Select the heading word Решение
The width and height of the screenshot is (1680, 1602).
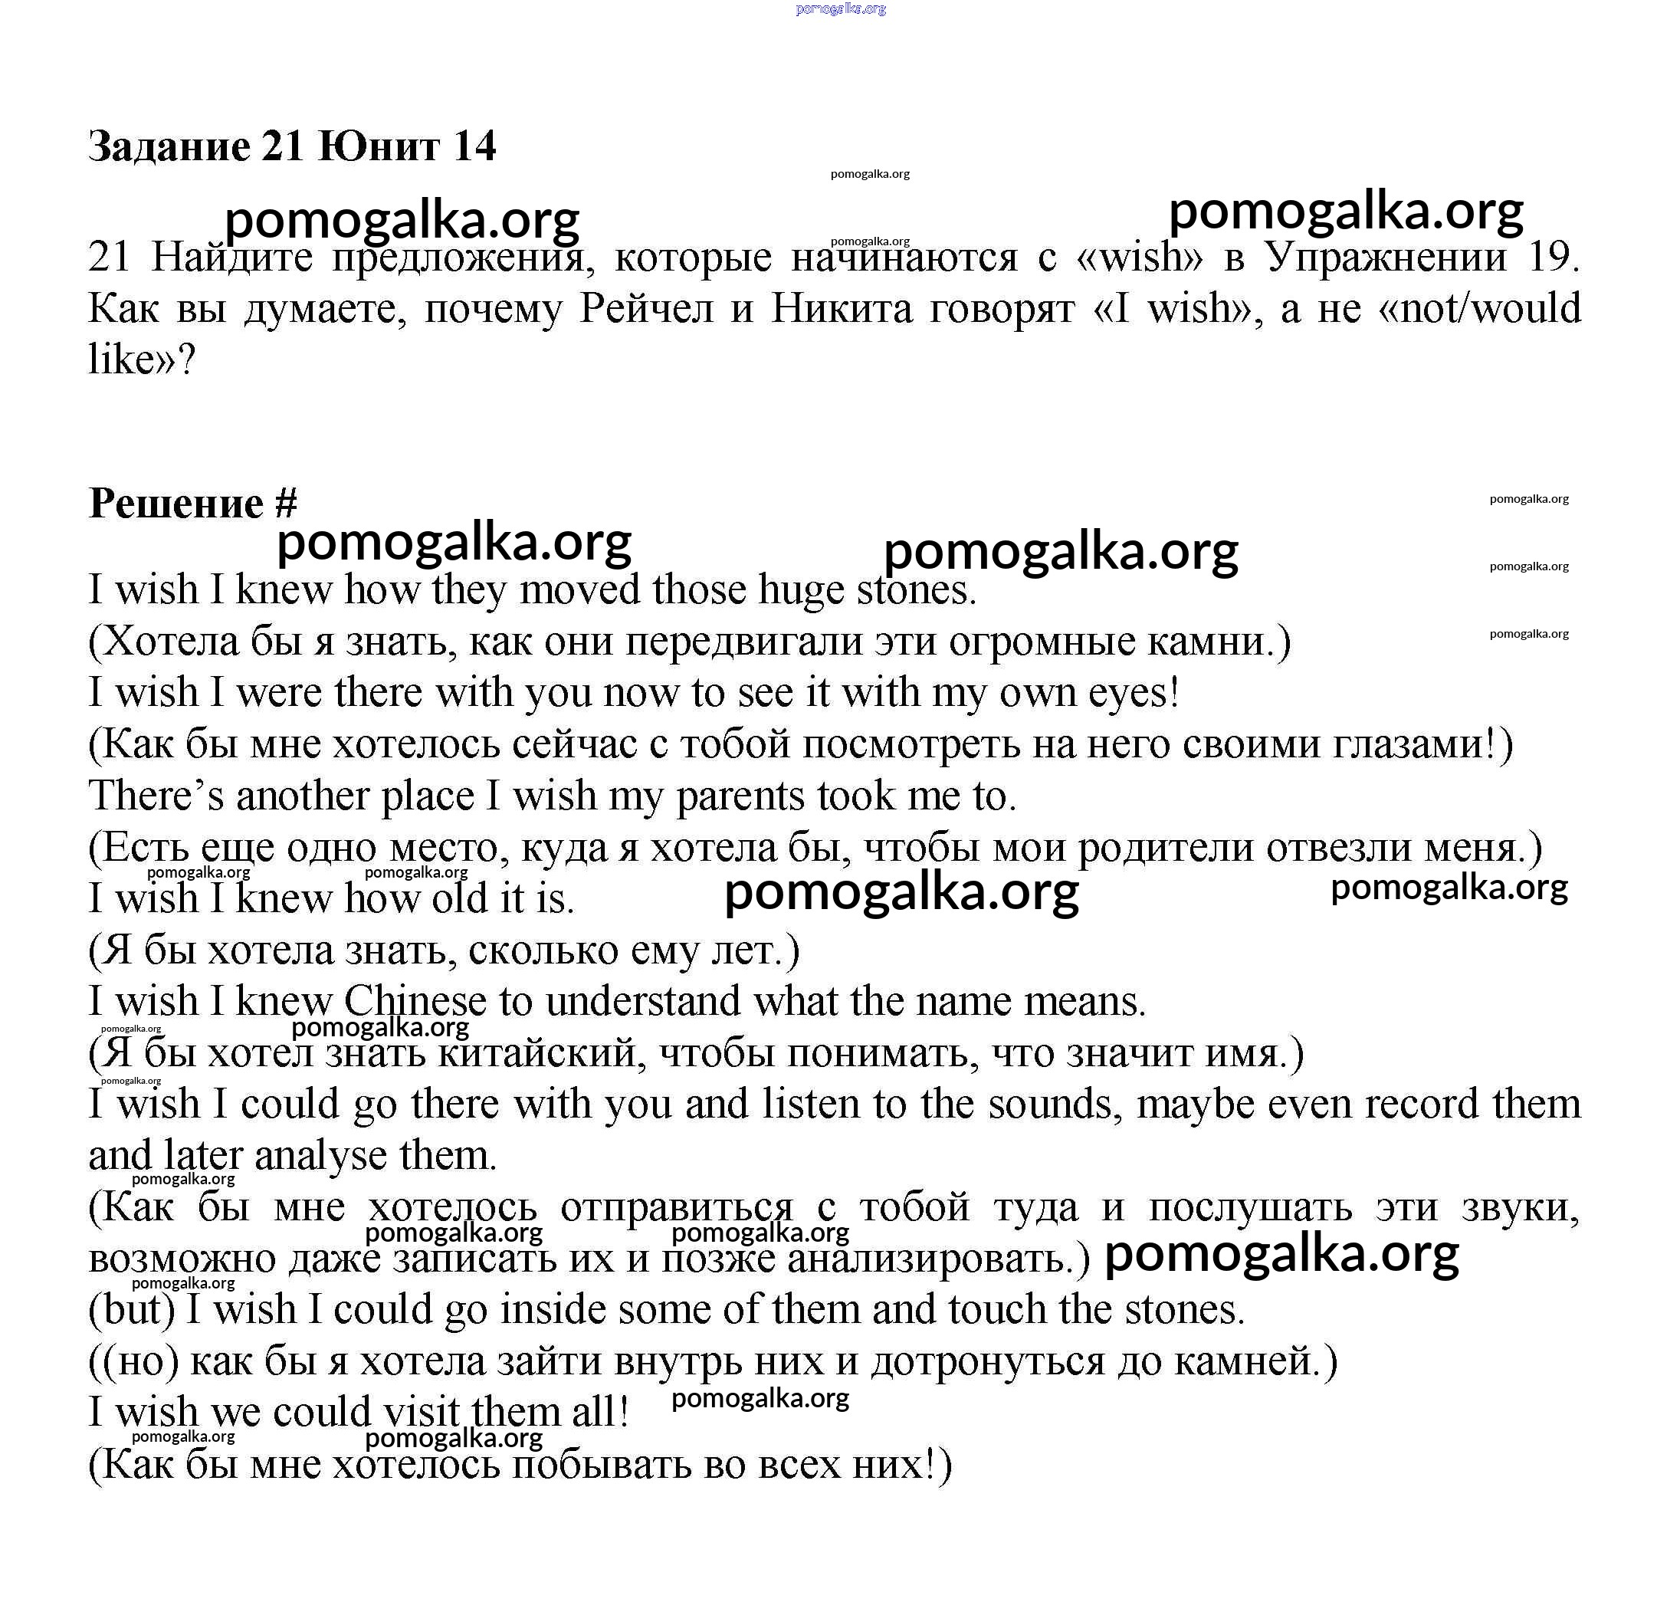point(176,503)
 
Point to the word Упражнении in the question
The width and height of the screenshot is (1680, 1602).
point(1386,256)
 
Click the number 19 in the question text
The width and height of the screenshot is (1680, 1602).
point(1550,256)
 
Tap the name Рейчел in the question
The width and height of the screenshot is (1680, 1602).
point(646,307)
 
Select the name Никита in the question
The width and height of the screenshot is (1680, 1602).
point(840,307)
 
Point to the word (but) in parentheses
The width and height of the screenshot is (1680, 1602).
point(133,1309)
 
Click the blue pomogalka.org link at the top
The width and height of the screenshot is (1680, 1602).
point(840,8)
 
